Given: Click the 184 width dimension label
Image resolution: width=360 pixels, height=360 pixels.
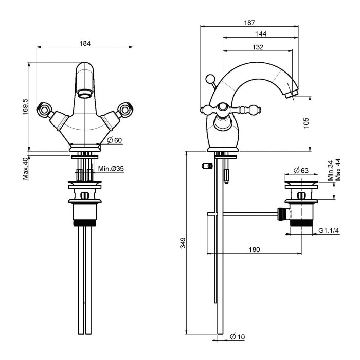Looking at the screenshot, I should click(85, 44).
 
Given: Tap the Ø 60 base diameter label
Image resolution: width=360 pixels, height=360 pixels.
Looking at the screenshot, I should click(115, 140).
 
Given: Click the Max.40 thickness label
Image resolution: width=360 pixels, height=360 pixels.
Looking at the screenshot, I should click(25, 169).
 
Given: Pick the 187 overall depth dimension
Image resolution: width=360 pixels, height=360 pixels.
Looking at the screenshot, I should click(250, 23).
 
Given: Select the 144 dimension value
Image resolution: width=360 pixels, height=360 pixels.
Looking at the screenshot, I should click(260, 34).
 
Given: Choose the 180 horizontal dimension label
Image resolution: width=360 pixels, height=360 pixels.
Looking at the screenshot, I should click(253, 249).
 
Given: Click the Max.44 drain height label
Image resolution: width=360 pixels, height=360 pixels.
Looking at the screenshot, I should click(338, 169).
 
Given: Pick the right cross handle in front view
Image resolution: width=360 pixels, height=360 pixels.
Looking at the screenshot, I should click(125, 109).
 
